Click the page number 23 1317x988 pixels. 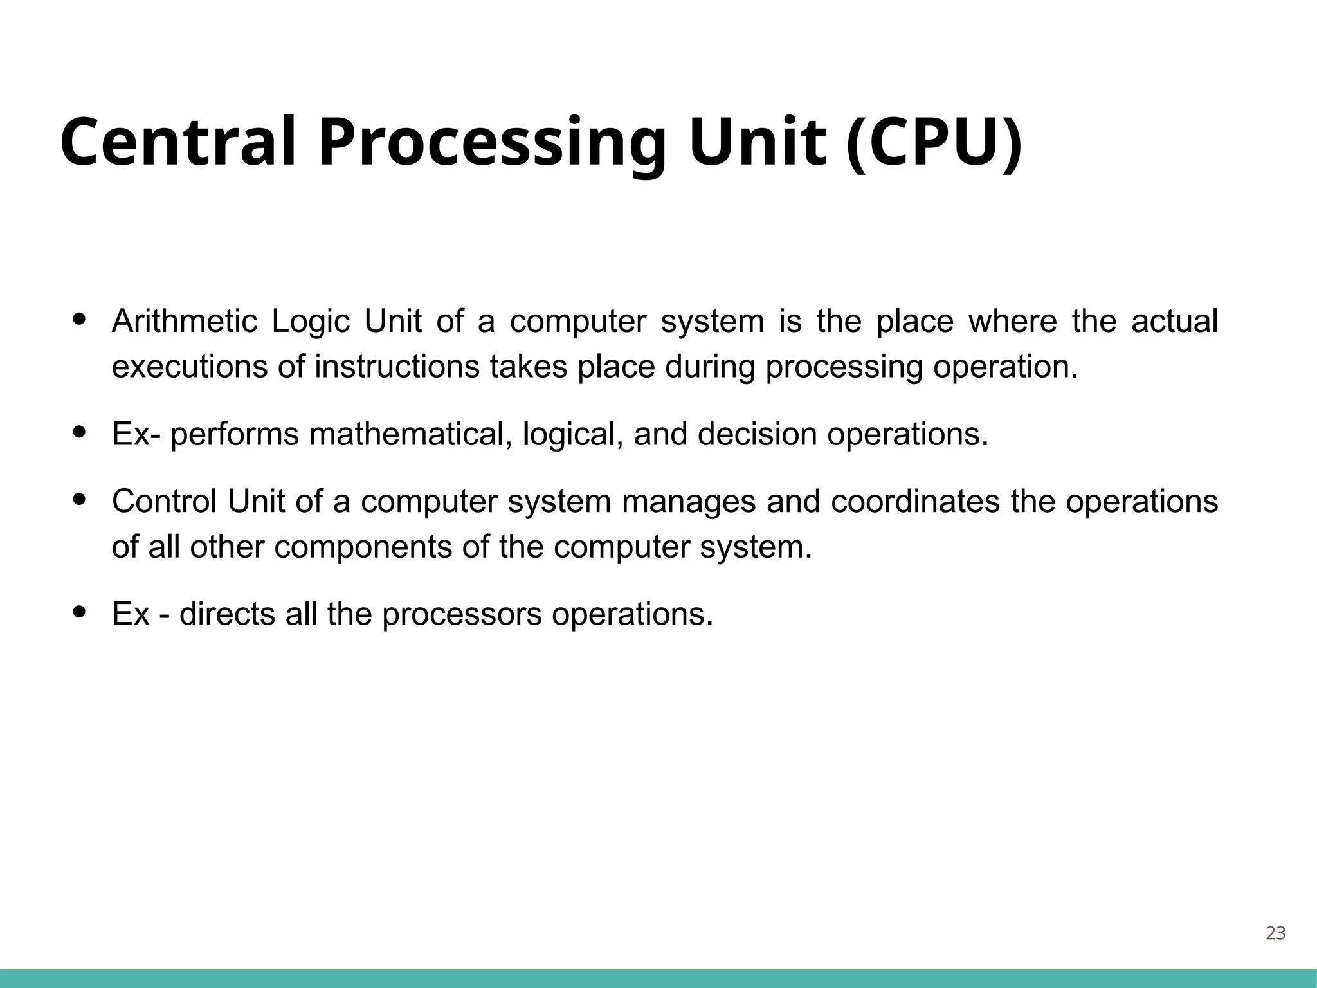coord(1275,933)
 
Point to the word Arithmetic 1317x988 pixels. coord(184,321)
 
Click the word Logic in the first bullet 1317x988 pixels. coord(311,322)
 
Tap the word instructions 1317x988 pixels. coord(397,367)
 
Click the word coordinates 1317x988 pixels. coord(915,501)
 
